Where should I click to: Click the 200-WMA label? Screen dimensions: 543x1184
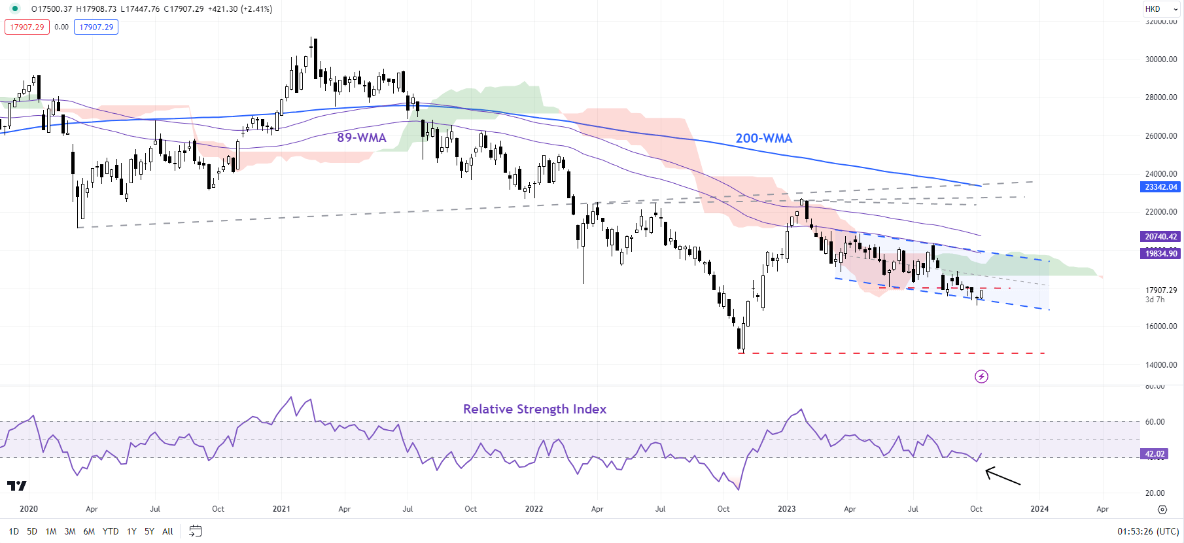click(763, 139)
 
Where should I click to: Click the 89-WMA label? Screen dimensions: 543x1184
click(362, 137)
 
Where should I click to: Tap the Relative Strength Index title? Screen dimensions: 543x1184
click(534, 409)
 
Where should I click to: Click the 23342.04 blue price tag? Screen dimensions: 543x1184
click(1160, 187)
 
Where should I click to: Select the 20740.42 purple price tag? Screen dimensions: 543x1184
click(1160, 237)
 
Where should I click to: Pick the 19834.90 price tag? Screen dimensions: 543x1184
click(1160, 254)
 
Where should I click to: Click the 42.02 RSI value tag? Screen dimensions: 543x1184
click(1154, 454)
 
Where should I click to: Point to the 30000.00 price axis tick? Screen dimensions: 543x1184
click(1160, 60)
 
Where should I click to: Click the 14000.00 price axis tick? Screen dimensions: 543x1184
click(1160, 365)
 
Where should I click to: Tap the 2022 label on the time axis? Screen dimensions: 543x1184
click(534, 509)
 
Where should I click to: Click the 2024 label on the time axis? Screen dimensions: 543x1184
click(1039, 509)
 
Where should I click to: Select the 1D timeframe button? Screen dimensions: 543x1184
click(14, 531)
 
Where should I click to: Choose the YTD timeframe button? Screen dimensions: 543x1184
click(111, 531)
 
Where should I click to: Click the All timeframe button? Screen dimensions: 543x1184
click(167, 531)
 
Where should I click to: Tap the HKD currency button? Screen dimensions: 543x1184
click(1153, 9)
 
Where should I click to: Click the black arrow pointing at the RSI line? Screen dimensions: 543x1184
click(1002, 476)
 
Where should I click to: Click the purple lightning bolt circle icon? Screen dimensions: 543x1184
click(981, 376)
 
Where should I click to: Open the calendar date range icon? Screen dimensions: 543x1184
click(195, 531)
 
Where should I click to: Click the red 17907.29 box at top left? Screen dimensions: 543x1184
click(27, 27)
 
